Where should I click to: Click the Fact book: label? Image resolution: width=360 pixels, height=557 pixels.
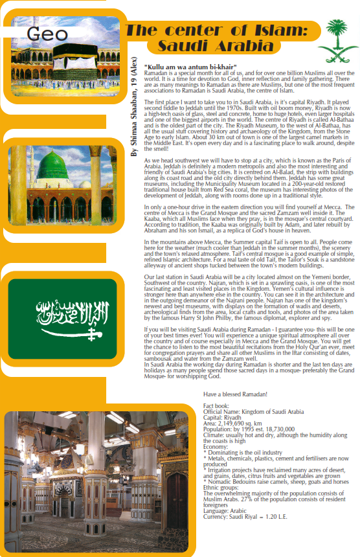tap(216, 406)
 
